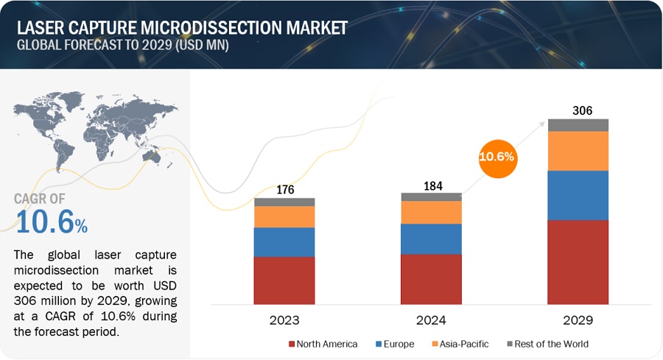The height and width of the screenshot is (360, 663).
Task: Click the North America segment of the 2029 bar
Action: tap(578, 261)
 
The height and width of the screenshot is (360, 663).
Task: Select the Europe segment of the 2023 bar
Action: tap(284, 241)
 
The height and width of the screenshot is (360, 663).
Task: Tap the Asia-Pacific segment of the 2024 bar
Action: tap(431, 212)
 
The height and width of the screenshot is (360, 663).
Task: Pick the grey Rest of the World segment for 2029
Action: tap(578, 124)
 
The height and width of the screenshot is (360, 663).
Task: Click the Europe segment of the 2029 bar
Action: tap(578, 195)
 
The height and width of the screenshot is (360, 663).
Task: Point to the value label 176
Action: tap(284, 190)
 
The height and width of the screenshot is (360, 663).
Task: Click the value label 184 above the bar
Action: tap(431, 185)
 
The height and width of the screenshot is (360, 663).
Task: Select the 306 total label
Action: tap(578, 110)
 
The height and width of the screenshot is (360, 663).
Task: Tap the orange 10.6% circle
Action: tap(497, 157)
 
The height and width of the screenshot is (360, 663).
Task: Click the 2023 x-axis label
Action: tap(284, 321)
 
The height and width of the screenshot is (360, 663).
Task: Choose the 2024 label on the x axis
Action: tap(431, 321)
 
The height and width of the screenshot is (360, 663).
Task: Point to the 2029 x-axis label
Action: tap(578, 321)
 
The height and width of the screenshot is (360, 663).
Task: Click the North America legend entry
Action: tap(324, 344)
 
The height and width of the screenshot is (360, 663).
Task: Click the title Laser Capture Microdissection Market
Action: tap(181, 28)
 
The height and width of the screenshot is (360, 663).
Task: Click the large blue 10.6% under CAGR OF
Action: tap(50, 222)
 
